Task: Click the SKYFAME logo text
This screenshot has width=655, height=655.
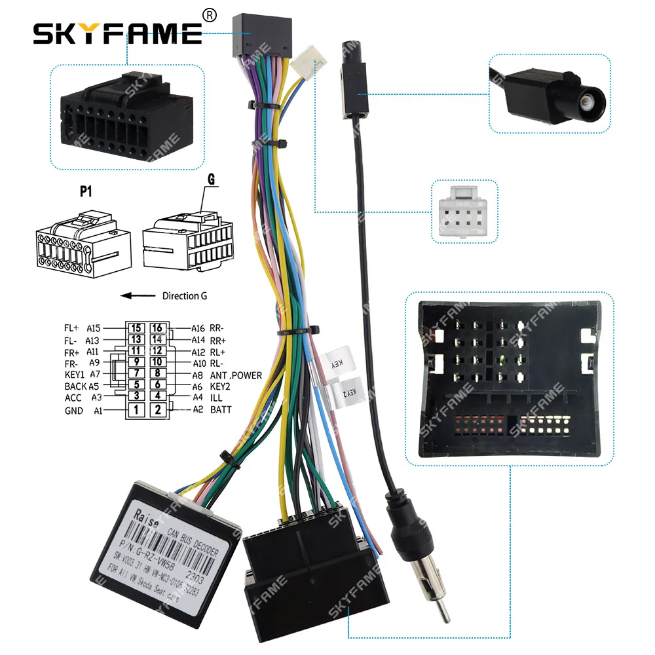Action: [118, 33]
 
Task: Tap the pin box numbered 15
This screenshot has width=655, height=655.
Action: [136, 328]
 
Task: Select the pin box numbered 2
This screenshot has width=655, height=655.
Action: [157, 411]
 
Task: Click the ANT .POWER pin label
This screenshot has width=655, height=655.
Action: [236, 375]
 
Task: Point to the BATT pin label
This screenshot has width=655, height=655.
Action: [221, 410]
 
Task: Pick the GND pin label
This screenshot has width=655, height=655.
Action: [74, 411]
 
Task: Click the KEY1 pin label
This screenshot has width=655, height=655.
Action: [75, 375]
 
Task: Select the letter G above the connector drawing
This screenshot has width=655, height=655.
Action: [211, 179]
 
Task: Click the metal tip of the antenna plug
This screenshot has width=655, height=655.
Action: [444, 620]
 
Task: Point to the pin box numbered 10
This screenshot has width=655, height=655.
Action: [157, 362]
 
